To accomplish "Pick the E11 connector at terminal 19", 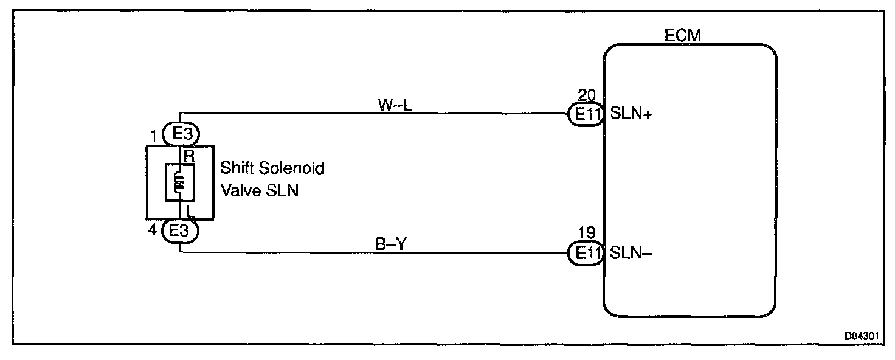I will [x=585, y=253].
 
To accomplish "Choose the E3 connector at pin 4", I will [x=181, y=230].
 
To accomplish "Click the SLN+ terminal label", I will [x=631, y=114].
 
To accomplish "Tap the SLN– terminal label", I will [x=631, y=253].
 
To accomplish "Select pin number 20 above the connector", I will [x=588, y=96].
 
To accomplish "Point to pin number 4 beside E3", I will [x=154, y=231].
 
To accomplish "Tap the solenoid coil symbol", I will [x=180, y=181].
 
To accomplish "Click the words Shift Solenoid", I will [x=272, y=168].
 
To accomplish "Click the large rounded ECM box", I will [x=690, y=182].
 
